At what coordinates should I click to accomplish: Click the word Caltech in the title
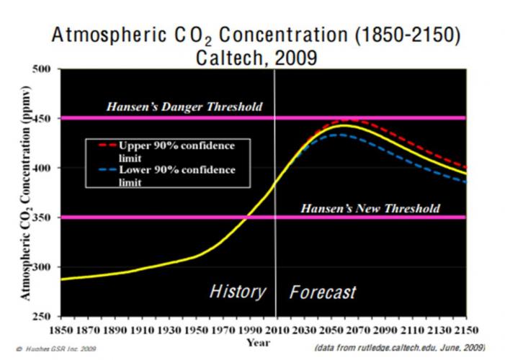(228, 58)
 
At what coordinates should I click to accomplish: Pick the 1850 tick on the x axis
(71, 330)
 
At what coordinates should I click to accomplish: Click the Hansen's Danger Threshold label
(184, 107)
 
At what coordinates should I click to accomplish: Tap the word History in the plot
(237, 292)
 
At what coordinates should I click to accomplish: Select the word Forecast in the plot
(323, 292)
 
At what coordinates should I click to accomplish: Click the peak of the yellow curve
(344, 125)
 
